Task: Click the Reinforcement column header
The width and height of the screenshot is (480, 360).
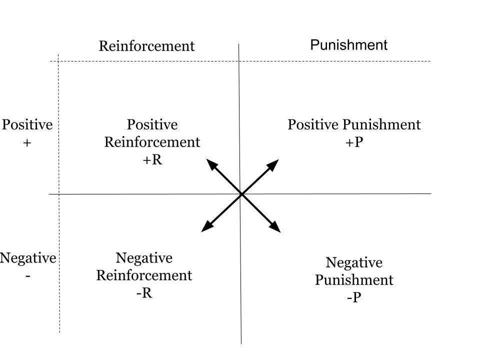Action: tap(146, 46)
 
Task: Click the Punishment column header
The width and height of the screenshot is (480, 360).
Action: tap(348, 45)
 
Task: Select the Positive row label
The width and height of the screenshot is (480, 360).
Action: tap(27, 124)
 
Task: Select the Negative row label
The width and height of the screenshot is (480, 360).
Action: tap(28, 258)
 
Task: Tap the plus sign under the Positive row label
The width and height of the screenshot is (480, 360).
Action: tap(27, 142)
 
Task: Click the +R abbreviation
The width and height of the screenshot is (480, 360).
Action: tap(152, 160)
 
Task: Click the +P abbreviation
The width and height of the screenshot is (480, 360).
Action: tap(354, 142)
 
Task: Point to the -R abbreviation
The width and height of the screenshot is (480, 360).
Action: tap(144, 293)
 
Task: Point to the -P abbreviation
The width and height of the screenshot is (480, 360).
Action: tap(354, 297)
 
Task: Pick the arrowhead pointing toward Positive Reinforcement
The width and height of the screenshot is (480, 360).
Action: tap(211, 163)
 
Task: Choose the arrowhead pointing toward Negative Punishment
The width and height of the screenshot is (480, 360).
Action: tap(275, 228)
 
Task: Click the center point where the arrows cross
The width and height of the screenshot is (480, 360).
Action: tap(241, 194)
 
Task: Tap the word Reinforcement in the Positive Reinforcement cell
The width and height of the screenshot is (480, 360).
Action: tap(152, 142)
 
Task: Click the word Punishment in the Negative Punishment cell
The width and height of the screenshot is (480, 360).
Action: tap(354, 280)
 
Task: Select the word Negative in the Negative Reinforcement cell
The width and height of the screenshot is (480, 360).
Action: tap(144, 258)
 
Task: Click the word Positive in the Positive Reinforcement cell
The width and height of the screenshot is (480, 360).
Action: tap(152, 124)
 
